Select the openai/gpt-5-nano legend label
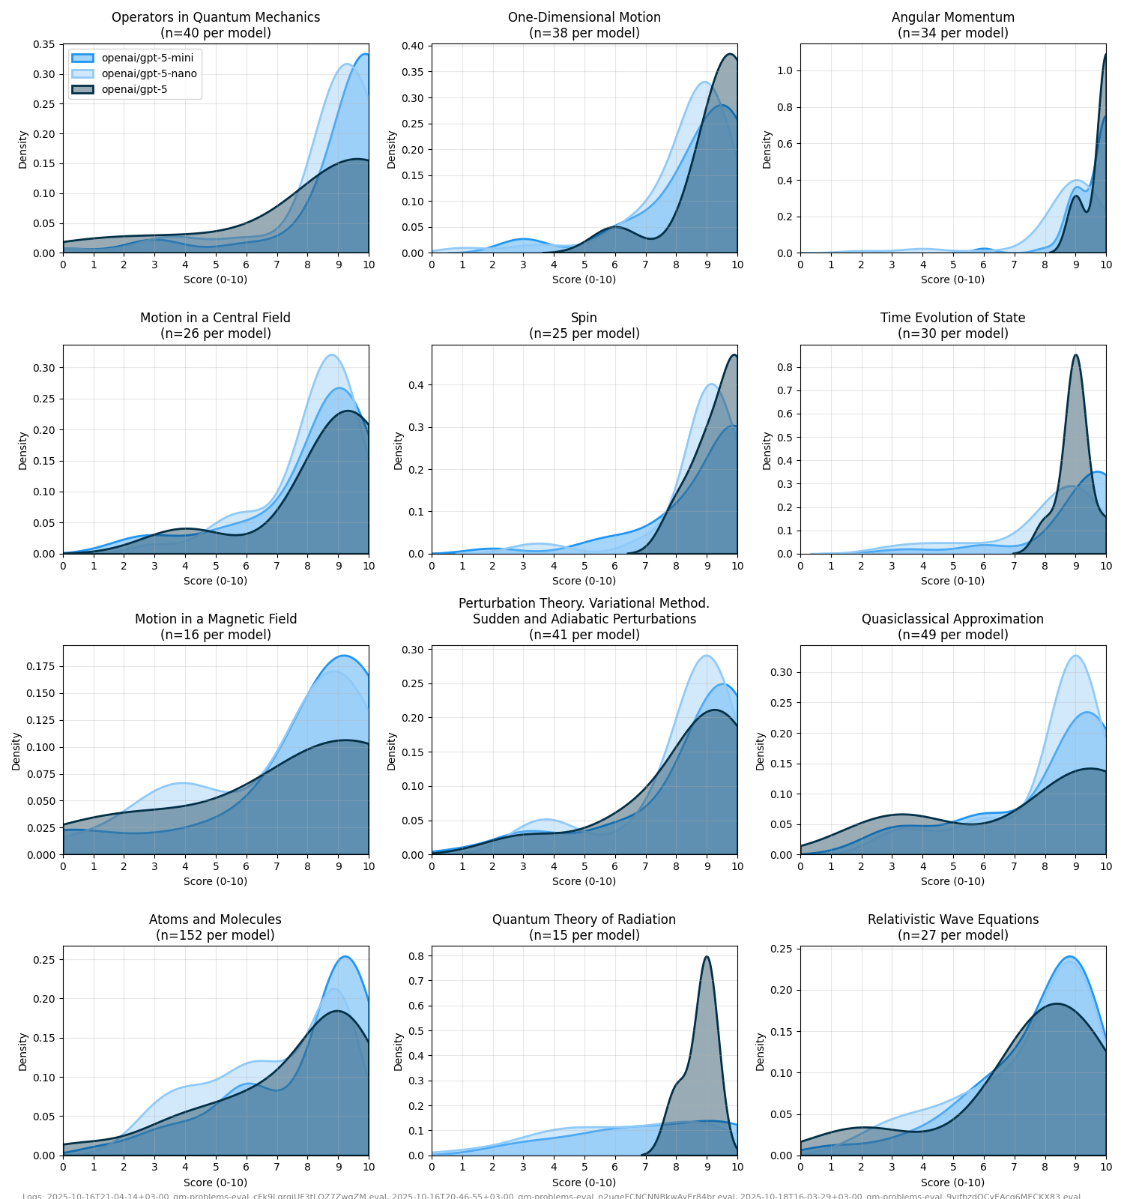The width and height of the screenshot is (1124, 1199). click(149, 73)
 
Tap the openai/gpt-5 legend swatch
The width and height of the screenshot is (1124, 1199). click(82, 89)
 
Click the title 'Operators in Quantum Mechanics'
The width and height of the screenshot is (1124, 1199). click(216, 17)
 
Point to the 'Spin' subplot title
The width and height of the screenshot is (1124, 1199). click(584, 318)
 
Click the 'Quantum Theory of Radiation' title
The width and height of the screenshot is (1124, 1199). click(584, 919)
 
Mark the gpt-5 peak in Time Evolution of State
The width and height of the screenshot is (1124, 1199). click(1075, 355)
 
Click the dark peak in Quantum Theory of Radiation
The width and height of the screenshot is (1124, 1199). click(707, 957)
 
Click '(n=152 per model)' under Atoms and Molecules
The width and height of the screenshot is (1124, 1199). click(215, 935)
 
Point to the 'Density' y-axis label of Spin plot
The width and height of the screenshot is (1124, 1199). click(398, 450)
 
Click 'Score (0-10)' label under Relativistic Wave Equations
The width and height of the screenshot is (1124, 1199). click(952, 1183)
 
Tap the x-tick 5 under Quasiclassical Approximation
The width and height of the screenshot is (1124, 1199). click(953, 866)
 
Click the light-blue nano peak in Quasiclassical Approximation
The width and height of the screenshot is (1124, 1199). click(1075, 656)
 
